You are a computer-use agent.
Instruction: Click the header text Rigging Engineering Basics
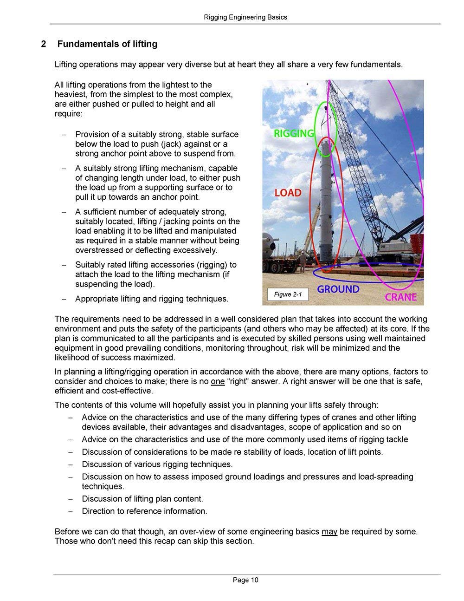[x=245, y=17]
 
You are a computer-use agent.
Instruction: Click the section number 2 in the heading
[x=43, y=44]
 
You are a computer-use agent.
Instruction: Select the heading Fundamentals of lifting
[x=107, y=44]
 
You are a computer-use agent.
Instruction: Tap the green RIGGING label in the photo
[x=294, y=134]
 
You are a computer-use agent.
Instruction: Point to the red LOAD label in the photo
[x=288, y=192]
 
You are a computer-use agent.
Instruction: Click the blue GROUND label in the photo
[x=338, y=289]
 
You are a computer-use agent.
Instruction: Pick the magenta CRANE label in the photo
[x=401, y=297]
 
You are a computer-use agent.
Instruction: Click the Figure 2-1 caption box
[x=288, y=294]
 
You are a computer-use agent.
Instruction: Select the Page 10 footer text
[x=245, y=580]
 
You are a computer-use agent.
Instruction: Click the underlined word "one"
[x=218, y=382]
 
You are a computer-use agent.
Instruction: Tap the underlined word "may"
[x=329, y=531]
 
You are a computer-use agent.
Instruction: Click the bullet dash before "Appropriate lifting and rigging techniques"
[x=64, y=299]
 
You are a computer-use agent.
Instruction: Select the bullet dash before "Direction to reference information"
[x=71, y=511]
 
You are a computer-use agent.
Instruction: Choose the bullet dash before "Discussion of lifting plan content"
[x=71, y=499]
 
